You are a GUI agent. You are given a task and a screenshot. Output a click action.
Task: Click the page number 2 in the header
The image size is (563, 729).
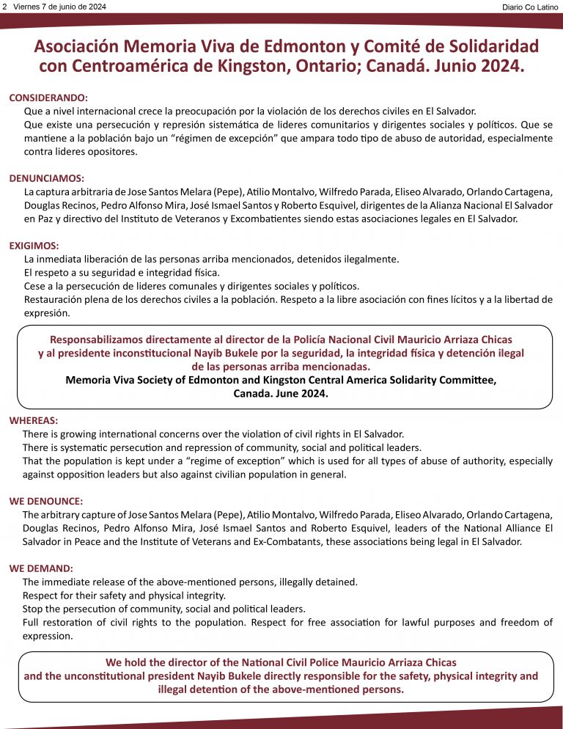pos(4,6)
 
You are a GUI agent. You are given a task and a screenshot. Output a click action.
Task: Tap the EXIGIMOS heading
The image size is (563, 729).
pos(34,246)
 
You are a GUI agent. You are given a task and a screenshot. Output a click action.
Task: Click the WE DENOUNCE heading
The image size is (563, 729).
pos(45,501)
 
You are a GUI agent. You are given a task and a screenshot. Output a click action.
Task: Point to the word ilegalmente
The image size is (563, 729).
pos(369,259)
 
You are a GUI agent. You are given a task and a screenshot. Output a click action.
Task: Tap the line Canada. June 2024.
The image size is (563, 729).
pos(281,393)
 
